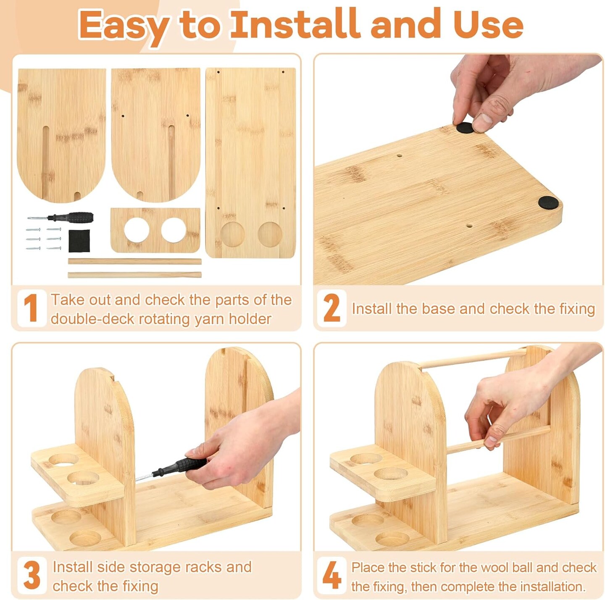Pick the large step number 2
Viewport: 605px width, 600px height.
click(x=331, y=308)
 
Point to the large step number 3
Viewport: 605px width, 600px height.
click(x=32, y=575)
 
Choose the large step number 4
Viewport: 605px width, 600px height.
click(x=331, y=575)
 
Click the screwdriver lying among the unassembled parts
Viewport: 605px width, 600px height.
click(x=60, y=217)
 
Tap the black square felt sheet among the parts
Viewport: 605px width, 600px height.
click(x=79, y=241)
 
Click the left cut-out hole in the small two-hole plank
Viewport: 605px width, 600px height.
click(x=137, y=230)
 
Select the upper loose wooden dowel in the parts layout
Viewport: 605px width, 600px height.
click(x=134, y=261)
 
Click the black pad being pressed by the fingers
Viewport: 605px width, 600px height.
click(x=464, y=128)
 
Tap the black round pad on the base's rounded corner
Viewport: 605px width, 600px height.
click(x=548, y=203)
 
